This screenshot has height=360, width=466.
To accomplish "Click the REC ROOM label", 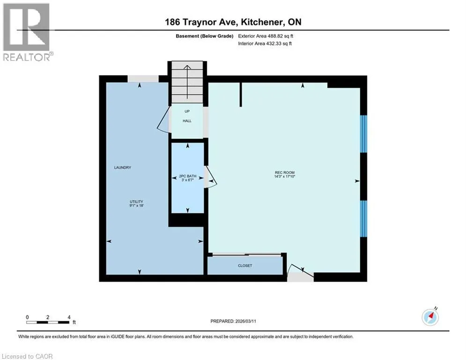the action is (x=284, y=172).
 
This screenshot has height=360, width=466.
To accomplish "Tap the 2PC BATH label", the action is (x=187, y=176).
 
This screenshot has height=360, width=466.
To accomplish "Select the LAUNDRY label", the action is (x=122, y=167).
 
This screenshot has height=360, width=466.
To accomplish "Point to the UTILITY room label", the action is (x=136, y=202).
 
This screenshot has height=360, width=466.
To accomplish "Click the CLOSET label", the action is (x=245, y=266).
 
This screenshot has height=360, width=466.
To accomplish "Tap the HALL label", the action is (x=187, y=121).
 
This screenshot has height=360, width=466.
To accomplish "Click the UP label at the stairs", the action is (x=187, y=111).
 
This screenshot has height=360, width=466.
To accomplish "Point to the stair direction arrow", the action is (x=187, y=82).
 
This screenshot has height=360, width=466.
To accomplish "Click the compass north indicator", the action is (x=430, y=316).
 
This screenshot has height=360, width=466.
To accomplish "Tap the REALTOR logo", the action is (x=27, y=32).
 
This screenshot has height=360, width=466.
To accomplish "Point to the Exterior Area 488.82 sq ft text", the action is (x=266, y=36).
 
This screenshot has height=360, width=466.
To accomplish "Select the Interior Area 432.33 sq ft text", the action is (x=265, y=44).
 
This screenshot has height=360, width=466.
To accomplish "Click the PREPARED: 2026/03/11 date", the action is (x=233, y=321).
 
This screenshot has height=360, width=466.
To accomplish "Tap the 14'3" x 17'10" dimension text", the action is (x=284, y=176).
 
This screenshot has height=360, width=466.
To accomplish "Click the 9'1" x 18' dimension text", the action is (x=136, y=206).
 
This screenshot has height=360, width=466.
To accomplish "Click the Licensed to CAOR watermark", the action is (x=27, y=356).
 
